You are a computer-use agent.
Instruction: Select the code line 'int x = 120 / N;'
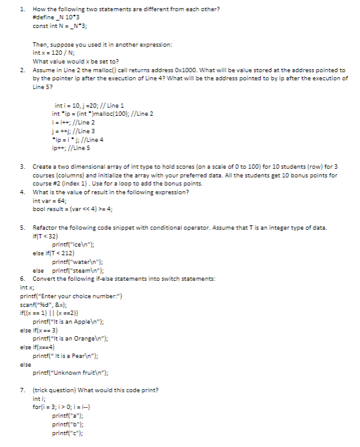[56, 54]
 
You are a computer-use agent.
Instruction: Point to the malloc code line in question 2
[103, 114]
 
